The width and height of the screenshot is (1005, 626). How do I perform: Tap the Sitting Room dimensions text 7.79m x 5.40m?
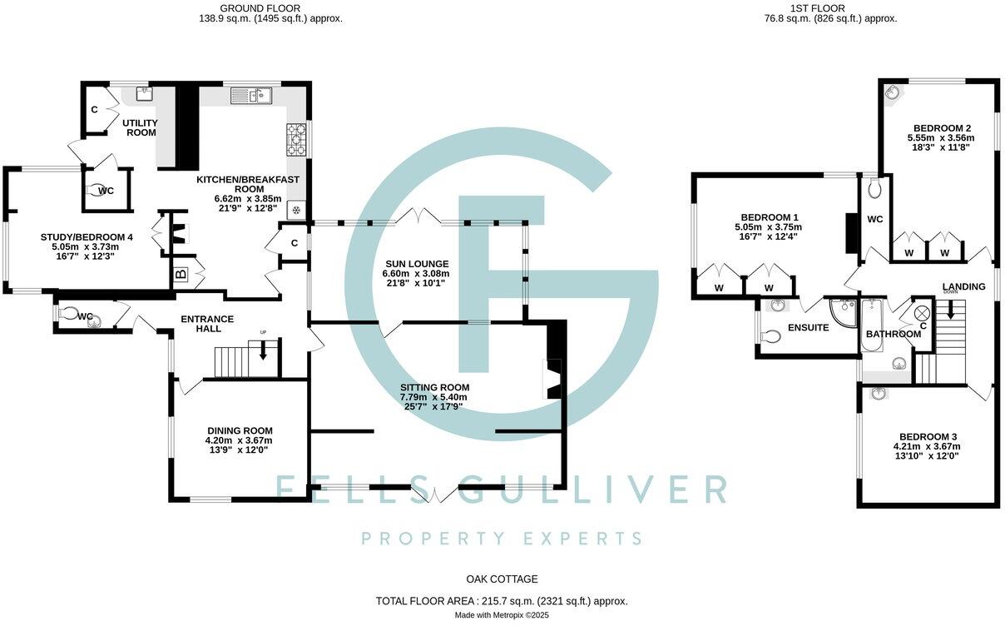point(433,397)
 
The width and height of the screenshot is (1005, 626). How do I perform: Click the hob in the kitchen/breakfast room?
point(297,140)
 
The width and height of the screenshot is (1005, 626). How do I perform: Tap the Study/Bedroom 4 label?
point(87,237)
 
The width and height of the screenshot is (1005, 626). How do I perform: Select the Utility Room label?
point(141,127)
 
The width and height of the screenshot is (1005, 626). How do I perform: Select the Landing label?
point(963,286)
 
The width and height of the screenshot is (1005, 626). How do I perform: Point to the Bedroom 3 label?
point(928,436)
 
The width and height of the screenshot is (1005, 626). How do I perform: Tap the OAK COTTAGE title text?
point(501,579)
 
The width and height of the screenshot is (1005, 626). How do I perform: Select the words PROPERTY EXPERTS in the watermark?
point(502,538)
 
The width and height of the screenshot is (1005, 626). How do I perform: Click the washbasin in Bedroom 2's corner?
point(891,92)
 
